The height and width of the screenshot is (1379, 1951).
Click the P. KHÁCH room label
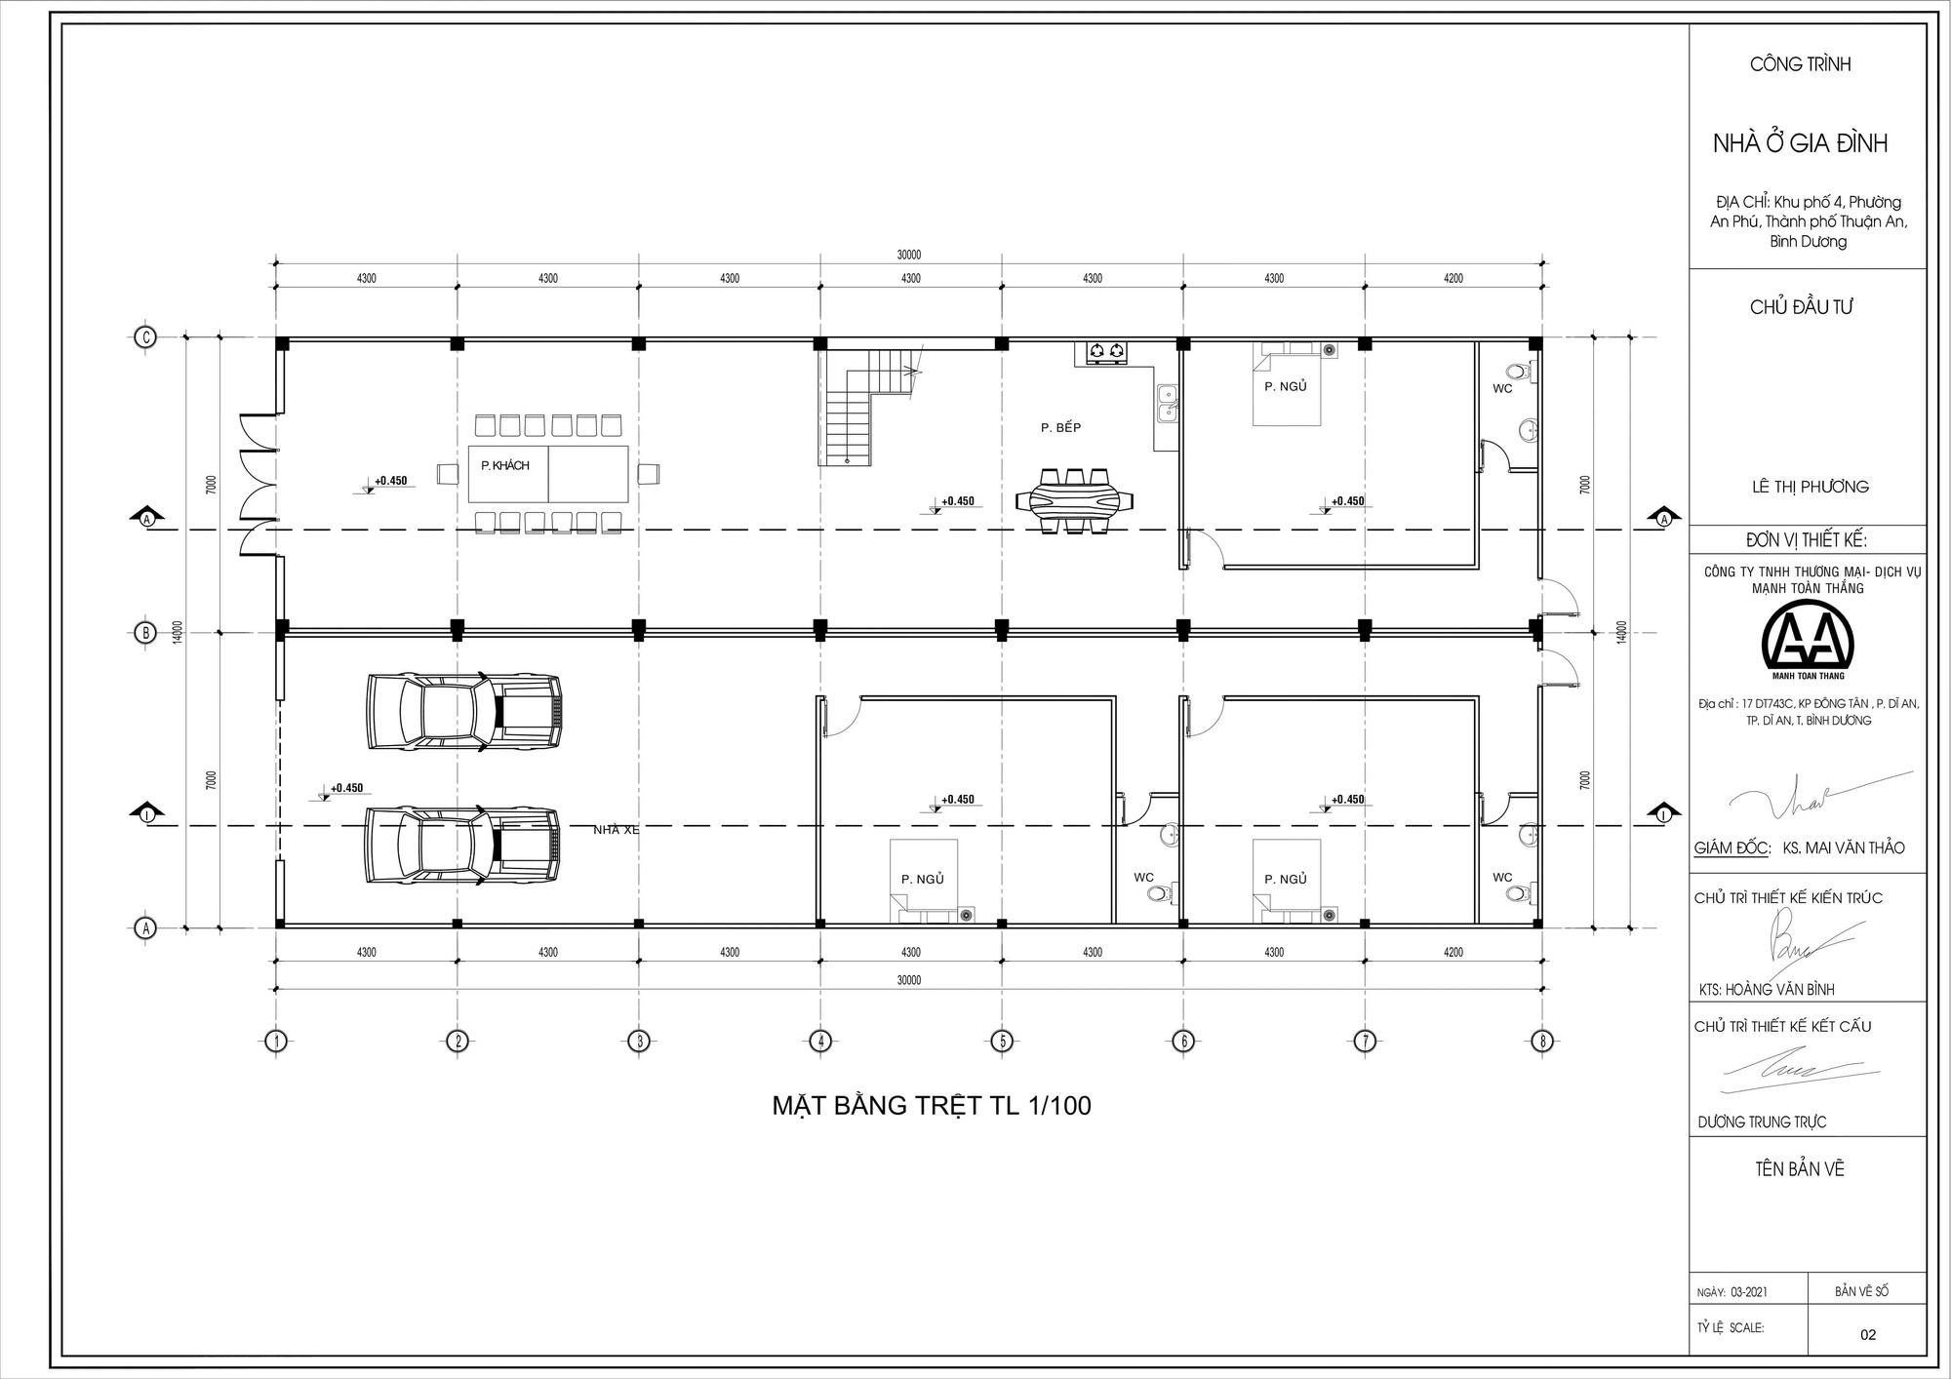(504, 466)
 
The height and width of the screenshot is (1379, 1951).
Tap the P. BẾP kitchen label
(1060, 427)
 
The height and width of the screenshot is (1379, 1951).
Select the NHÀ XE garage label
(617, 830)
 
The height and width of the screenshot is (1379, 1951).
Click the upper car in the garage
(464, 711)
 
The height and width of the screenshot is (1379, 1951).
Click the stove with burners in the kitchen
(1105, 351)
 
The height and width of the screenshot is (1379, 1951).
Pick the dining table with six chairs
(1074, 501)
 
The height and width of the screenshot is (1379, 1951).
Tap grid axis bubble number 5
(1002, 1042)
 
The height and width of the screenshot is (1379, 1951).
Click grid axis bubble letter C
(145, 337)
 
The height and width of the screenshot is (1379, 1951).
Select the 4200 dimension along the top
(1453, 278)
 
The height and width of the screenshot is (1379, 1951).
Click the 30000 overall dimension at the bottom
(908, 980)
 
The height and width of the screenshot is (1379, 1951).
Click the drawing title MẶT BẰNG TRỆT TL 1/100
(932, 1105)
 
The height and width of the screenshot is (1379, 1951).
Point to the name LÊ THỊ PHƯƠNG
(1810, 487)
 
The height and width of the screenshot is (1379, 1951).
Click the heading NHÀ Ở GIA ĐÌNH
(1800, 143)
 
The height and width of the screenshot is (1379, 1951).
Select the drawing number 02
(1867, 1335)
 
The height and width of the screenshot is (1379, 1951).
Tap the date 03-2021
(1748, 1292)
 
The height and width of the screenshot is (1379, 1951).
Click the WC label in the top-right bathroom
(1502, 388)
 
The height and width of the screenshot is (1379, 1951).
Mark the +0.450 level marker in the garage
(345, 788)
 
